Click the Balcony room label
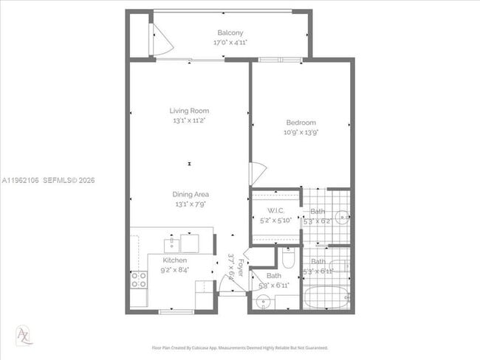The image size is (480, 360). point(230,32)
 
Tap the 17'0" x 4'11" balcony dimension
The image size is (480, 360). point(230,43)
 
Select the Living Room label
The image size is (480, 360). point(189,111)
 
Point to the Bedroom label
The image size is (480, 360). point(301,122)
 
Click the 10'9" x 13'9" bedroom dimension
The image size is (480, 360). point(301,133)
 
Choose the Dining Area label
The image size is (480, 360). point(191,194)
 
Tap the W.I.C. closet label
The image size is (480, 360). point(276,211)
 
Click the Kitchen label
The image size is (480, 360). point(175,260)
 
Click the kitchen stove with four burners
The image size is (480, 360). point(138,279)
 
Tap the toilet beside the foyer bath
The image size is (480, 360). point(289,259)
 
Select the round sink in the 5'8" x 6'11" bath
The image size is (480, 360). point(264,301)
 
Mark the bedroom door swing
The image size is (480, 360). point(256,174)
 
